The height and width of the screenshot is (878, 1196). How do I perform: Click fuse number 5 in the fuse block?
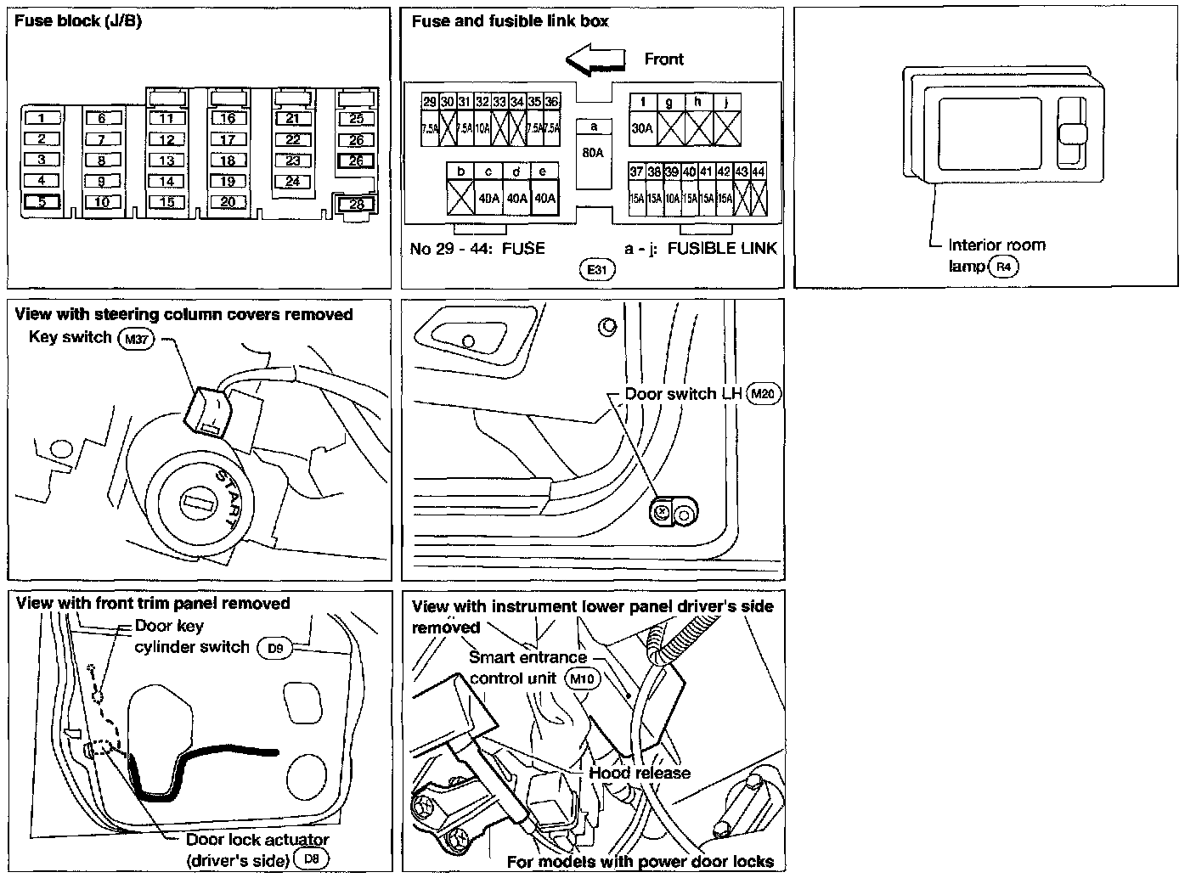coord(41,201)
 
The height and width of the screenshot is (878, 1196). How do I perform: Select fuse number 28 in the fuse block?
coord(356,204)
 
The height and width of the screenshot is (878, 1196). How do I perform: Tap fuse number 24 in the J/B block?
coord(293,181)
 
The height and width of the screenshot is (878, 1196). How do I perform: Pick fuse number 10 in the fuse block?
coord(102,201)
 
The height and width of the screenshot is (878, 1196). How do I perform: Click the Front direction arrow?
coord(595,59)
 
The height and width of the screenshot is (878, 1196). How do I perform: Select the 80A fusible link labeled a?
coord(594,153)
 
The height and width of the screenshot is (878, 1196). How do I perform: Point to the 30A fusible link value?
coord(643,128)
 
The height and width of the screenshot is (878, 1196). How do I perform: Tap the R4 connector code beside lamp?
coord(1004,267)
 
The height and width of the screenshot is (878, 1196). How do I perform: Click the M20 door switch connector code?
coord(762,393)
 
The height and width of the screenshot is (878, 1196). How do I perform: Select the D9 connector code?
coord(274,649)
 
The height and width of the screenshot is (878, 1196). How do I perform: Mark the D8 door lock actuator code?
coord(313,859)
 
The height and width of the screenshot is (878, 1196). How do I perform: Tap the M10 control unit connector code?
coord(582,678)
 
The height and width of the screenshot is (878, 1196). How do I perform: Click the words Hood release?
coord(640,773)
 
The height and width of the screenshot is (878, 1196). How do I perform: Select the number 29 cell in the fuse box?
coord(430,102)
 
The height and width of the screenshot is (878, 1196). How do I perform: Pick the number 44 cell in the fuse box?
coord(759,172)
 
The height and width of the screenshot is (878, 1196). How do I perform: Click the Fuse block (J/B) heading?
coord(78,20)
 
